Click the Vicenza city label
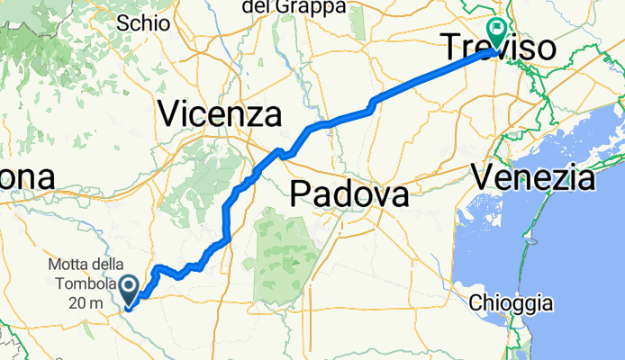click(x=219, y=114)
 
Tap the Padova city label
click(x=349, y=193)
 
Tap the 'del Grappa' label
click(x=282, y=7)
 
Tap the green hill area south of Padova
click(x=285, y=252)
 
